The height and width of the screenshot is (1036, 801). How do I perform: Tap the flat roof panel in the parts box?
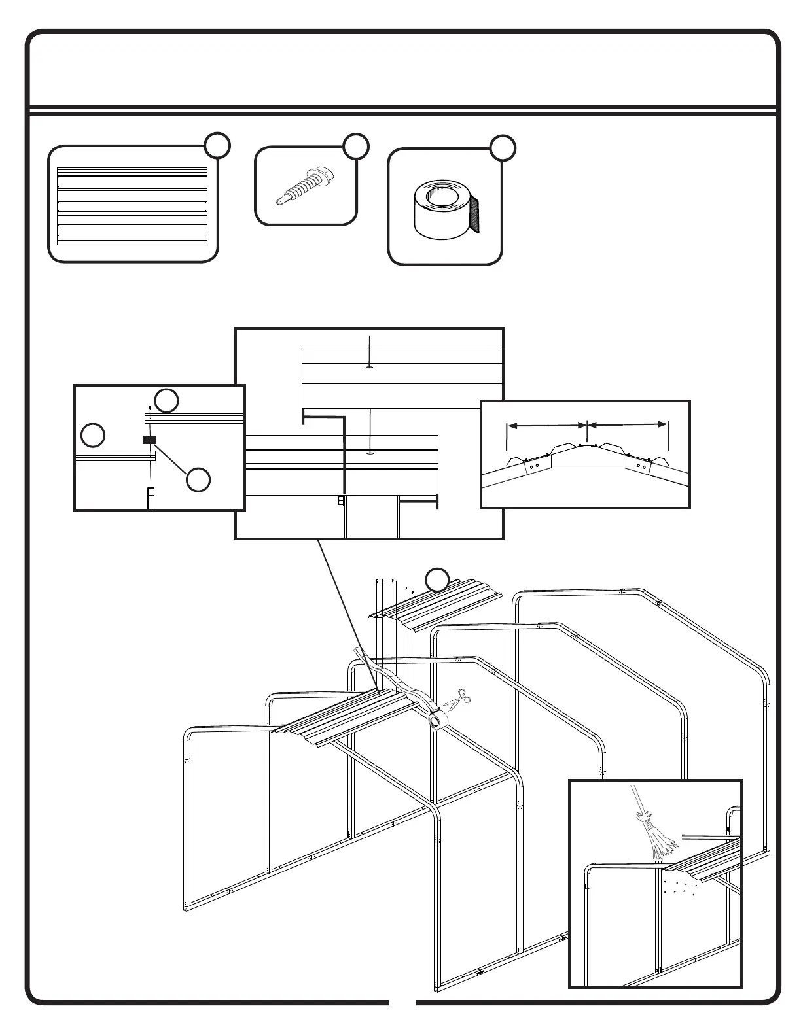click(x=132, y=205)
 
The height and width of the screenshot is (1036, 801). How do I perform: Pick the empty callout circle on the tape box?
click(x=503, y=147)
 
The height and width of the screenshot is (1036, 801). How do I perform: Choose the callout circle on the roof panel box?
click(x=217, y=145)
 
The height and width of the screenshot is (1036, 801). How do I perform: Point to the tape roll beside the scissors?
click(x=436, y=719)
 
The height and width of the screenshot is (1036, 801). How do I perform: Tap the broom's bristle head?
click(x=658, y=839)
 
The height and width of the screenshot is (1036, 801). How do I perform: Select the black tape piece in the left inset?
click(x=149, y=440)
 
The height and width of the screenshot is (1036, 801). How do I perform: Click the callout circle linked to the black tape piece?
click(x=198, y=479)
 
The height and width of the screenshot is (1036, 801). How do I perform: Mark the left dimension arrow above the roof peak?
click(x=547, y=425)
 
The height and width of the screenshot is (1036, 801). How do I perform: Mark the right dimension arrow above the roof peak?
click(x=628, y=425)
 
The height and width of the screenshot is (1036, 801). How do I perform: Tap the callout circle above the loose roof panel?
click(x=437, y=579)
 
